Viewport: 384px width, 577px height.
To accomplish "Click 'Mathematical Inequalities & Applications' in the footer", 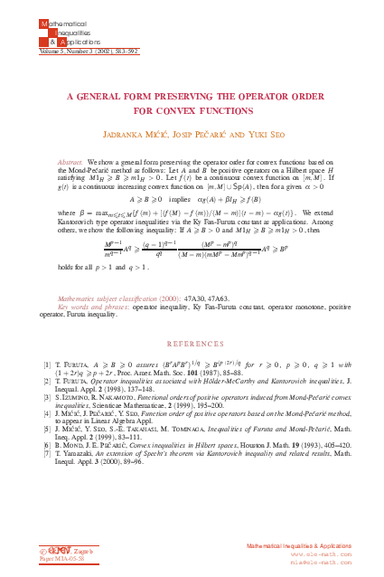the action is (x=287, y=547).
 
